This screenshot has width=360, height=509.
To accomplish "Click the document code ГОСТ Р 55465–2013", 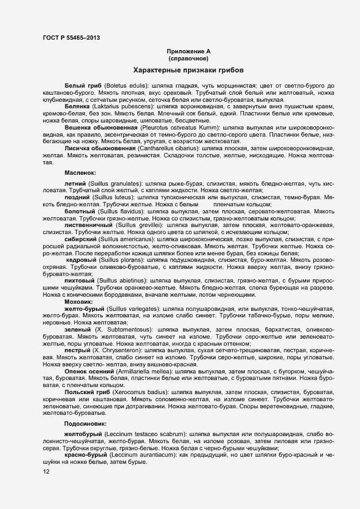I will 71,38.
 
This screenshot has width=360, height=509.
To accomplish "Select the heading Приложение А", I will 188,51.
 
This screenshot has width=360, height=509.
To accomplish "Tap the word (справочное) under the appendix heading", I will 188,58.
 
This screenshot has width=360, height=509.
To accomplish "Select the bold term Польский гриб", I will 87,392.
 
